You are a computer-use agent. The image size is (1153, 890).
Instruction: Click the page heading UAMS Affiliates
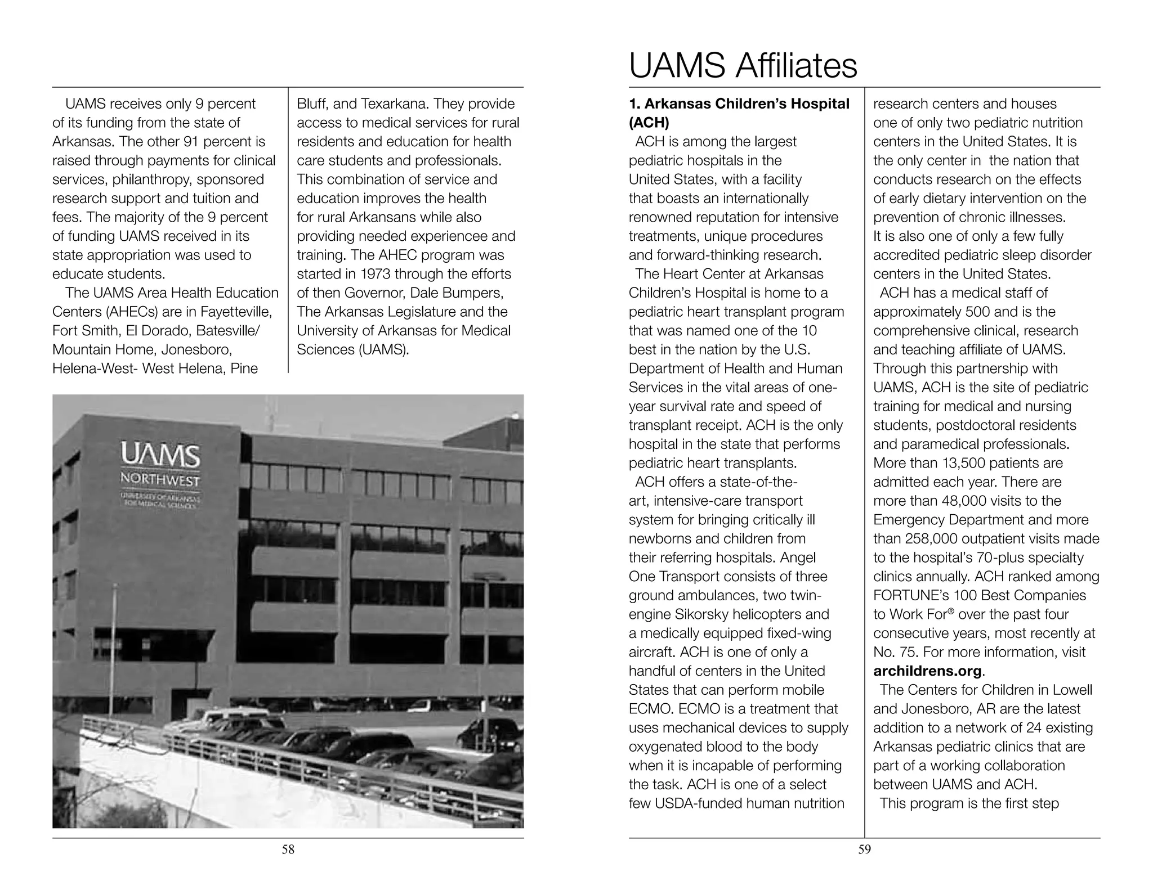tap(743, 66)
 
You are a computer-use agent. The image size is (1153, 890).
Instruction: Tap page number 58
tap(288, 849)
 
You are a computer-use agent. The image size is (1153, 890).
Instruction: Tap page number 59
tap(864, 849)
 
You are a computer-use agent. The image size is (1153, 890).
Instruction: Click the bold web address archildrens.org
tap(927, 671)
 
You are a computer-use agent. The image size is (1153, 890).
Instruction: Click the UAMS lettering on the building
tap(160, 456)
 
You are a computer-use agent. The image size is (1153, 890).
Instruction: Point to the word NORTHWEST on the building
tap(160, 481)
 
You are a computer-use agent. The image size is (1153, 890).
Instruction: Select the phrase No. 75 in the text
tap(896, 652)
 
